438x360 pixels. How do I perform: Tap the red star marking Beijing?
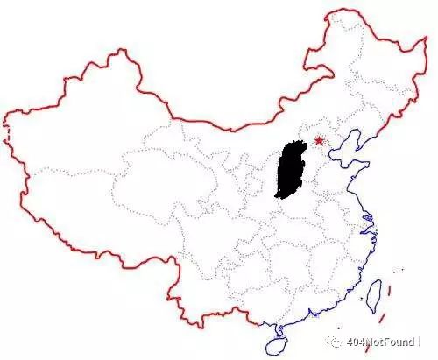point(317,140)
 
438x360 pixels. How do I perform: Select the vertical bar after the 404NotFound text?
point(420,342)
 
